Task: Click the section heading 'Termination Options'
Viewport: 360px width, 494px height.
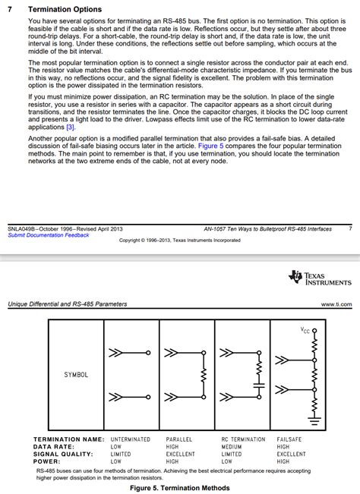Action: pos(64,9)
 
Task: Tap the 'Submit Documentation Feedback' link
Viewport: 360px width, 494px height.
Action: pos(48,235)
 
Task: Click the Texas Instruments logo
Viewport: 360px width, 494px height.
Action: pos(320,278)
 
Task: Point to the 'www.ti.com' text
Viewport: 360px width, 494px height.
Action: pos(336,304)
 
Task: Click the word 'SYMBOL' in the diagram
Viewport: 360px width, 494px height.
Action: pos(76,375)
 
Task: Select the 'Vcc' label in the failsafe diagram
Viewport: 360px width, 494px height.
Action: pos(305,330)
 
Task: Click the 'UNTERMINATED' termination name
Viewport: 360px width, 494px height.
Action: pos(131,439)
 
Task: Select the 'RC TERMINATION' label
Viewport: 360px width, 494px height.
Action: pos(243,439)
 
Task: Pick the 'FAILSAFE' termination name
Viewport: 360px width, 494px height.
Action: pos(292,439)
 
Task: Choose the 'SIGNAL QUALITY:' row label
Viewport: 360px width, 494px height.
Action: pos(62,454)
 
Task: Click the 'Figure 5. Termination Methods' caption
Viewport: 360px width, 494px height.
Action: pos(179,489)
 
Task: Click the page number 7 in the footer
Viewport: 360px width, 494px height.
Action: pos(349,228)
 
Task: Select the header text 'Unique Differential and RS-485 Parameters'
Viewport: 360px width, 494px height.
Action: pos(68,304)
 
